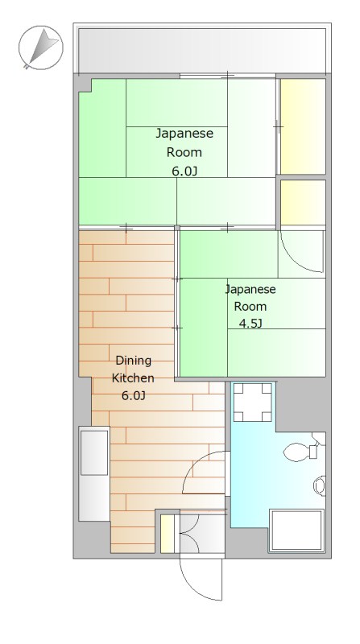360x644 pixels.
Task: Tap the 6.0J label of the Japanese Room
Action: click(184, 171)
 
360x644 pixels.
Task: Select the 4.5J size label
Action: click(250, 324)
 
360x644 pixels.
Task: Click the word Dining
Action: click(133, 360)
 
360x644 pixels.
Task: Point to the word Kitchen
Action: click(133, 378)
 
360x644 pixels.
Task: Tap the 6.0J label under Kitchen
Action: click(133, 395)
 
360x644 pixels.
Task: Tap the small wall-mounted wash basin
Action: click(320, 486)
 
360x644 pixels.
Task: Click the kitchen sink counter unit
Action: click(93, 474)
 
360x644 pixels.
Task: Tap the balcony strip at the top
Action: click(201, 49)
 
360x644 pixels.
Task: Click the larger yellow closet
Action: click(302, 126)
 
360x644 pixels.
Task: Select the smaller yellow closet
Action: click(302, 203)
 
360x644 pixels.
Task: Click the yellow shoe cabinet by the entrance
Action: click(168, 534)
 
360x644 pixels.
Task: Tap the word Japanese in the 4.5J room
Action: click(250, 289)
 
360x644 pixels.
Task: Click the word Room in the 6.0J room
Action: click(184, 152)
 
